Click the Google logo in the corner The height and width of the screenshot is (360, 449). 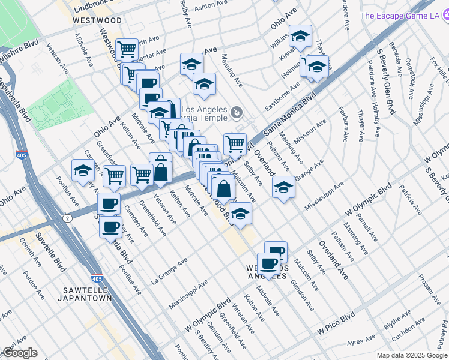click(20, 353)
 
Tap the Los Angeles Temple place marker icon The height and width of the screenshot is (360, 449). click(237, 111)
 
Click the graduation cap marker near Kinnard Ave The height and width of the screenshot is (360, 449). click(300, 37)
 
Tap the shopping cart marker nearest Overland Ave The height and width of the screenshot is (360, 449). click(235, 143)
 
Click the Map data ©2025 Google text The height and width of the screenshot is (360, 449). click(412, 355)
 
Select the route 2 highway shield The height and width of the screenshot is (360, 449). click(70, 218)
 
